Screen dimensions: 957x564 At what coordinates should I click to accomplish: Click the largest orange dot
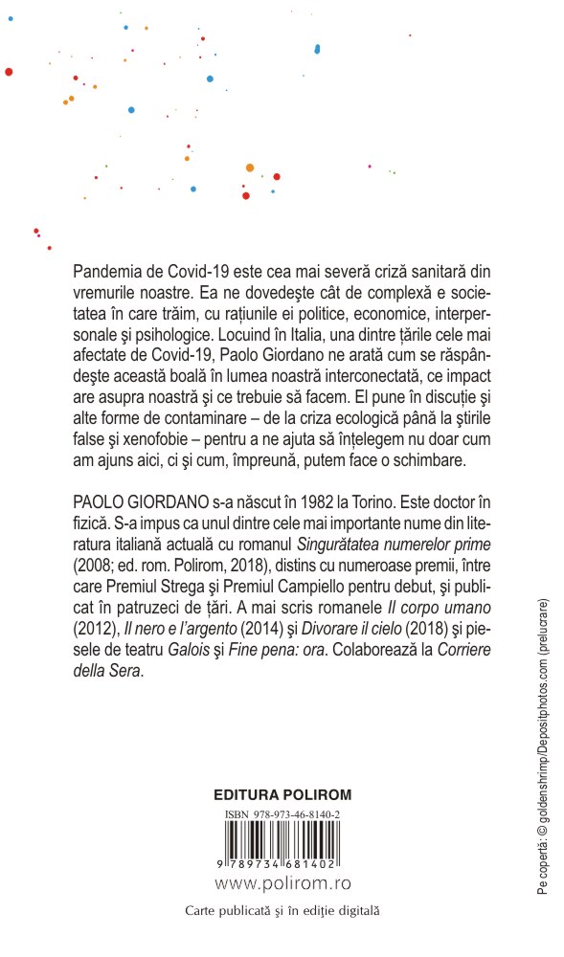pos(250,167)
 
